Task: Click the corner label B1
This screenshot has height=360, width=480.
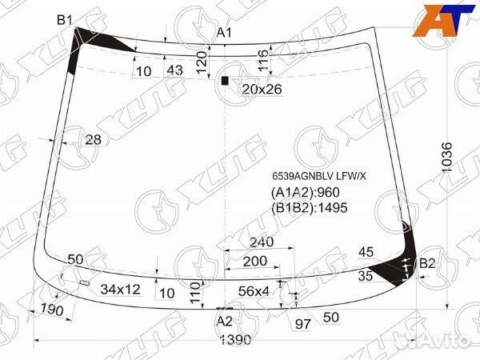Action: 65,20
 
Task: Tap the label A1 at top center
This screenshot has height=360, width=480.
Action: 225,33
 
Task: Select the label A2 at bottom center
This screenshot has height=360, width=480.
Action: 225,322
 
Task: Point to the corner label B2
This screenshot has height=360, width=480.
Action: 427,263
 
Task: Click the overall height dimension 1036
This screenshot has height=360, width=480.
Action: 447,157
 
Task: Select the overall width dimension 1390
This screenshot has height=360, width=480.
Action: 236,339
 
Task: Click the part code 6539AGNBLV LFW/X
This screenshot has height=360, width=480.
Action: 319,176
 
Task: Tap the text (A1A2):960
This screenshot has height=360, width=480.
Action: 306,192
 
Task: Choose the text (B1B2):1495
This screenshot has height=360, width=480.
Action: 309,208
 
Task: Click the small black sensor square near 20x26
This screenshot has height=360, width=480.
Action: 225,81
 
